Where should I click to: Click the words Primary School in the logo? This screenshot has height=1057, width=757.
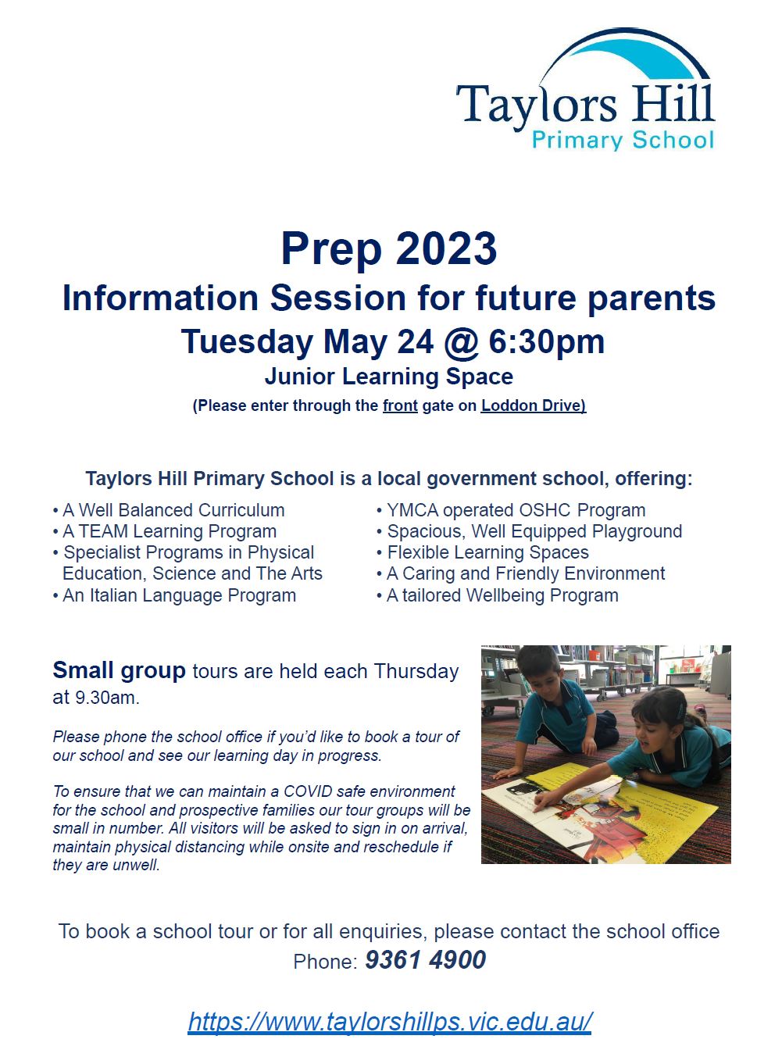coord(623,141)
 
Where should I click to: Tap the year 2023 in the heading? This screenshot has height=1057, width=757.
coord(446,249)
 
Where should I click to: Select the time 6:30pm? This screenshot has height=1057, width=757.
coord(547,342)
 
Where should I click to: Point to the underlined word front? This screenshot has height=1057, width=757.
coord(400,405)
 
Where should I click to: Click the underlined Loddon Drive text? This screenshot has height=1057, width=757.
coord(532,405)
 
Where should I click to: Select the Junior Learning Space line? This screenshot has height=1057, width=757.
coord(389,377)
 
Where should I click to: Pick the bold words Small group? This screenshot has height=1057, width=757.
coord(119,670)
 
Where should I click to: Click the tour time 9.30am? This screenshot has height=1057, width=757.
coord(106,698)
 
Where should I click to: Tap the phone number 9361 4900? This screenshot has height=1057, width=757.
coord(425,960)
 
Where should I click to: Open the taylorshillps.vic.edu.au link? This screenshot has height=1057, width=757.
coord(390,1022)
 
